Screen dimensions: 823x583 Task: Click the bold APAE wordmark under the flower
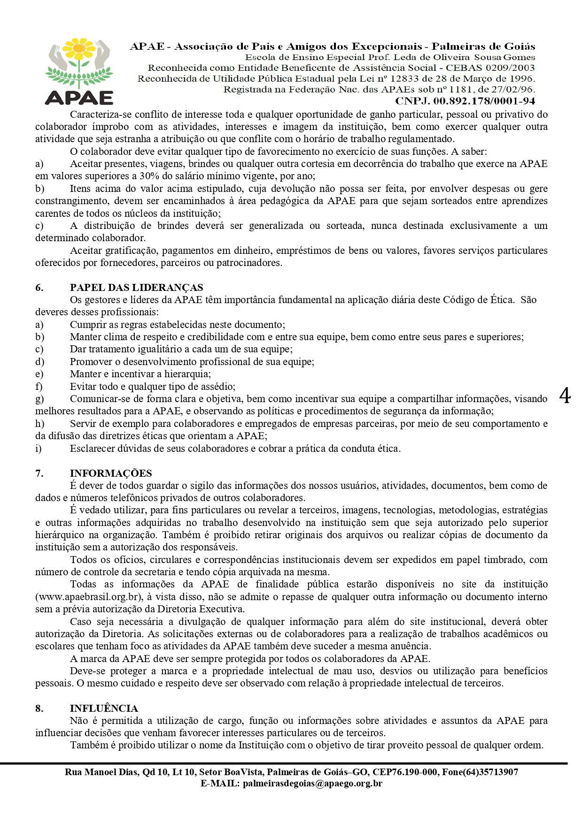coord(79,98)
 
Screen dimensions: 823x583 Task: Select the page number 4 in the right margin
coord(565,396)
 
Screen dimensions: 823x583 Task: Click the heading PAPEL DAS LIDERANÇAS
coord(136,288)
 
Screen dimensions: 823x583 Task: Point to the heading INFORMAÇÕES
coord(111,473)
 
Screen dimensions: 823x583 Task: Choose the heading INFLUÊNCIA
coord(104,709)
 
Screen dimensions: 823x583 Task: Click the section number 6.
coord(39,288)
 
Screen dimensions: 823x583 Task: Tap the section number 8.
coord(39,709)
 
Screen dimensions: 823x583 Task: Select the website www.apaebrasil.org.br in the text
coord(88,597)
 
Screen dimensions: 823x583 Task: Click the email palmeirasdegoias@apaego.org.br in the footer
coord(312,783)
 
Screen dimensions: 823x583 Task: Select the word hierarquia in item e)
coord(187,374)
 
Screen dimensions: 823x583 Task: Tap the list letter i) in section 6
coord(39,449)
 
